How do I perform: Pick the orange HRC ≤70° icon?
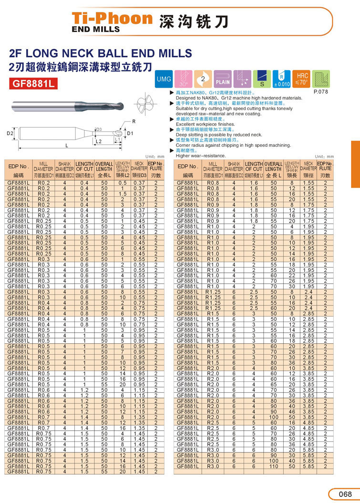(x=302, y=79)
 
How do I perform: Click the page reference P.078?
(x=320, y=92)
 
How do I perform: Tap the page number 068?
(x=345, y=493)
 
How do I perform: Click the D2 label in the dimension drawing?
(x=10, y=133)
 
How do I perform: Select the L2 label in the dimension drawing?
(x=99, y=142)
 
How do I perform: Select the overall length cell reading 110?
(x=273, y=466)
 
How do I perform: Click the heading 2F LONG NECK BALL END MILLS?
(x=101, y=53)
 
